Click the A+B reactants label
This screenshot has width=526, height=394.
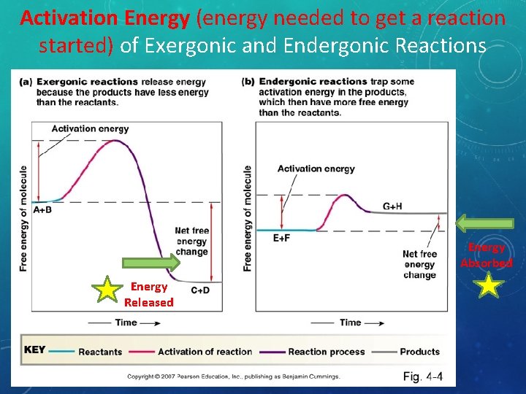tap(42, 210)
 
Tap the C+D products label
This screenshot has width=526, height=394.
tap(201, 290)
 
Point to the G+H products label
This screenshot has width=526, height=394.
tap(392, 206)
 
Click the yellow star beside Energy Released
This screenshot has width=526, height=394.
tap(108, 289)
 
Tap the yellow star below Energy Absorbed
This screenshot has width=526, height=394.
tap(489, 285)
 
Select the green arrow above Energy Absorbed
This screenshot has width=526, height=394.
tap(486, 222)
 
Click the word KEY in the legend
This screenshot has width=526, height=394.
tap(35, 350)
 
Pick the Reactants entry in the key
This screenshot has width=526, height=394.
tap(100, 352)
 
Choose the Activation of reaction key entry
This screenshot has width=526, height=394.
tap(205, 352)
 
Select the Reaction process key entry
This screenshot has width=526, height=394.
tap(326, 352)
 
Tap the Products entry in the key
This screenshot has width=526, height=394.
tap(419, 352)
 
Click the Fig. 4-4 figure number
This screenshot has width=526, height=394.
tap(423, 377)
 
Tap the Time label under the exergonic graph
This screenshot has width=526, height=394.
tap(125, 322)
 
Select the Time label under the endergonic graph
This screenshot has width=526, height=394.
tap(350, 322)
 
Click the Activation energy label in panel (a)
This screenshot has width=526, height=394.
tap(90, 129)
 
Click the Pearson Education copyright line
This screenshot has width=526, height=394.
tap(234, 377)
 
